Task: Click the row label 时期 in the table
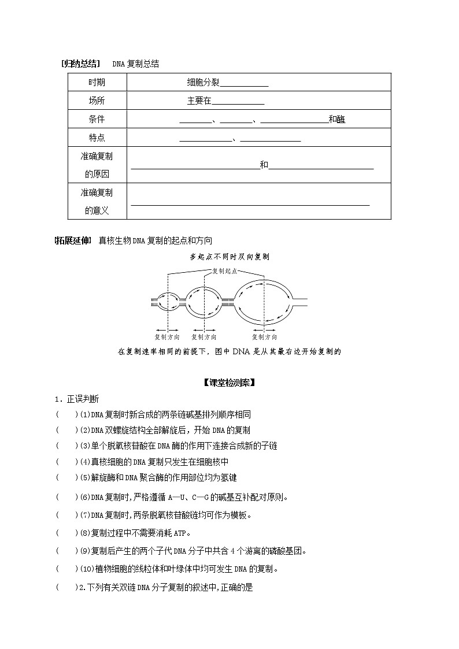97,83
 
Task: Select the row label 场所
97,101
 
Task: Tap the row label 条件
97,120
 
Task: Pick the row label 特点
97,138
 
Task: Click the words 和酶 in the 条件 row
336,120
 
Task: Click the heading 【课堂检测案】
229,383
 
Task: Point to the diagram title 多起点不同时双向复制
229,257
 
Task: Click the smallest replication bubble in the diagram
168,300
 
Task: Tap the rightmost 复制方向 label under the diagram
264,337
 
